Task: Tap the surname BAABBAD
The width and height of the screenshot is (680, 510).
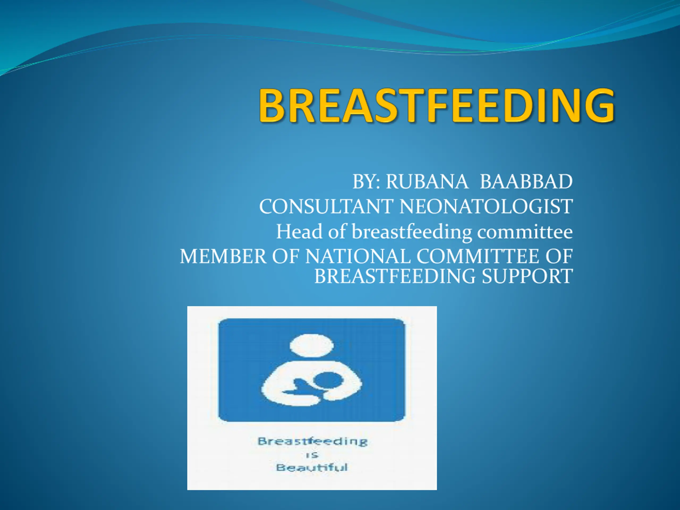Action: (526, 181)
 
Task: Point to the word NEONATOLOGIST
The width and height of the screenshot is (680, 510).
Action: (486, 206)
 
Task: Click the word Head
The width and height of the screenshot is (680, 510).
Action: (299, 231)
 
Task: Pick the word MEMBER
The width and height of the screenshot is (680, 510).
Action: (223, 256)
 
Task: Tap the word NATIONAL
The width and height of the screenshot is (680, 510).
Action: (358, 256)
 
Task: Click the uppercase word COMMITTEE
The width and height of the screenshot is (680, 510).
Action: (478, 256)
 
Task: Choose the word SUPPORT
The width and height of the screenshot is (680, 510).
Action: (527, 276)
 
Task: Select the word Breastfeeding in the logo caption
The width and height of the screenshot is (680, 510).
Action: (313, 442)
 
